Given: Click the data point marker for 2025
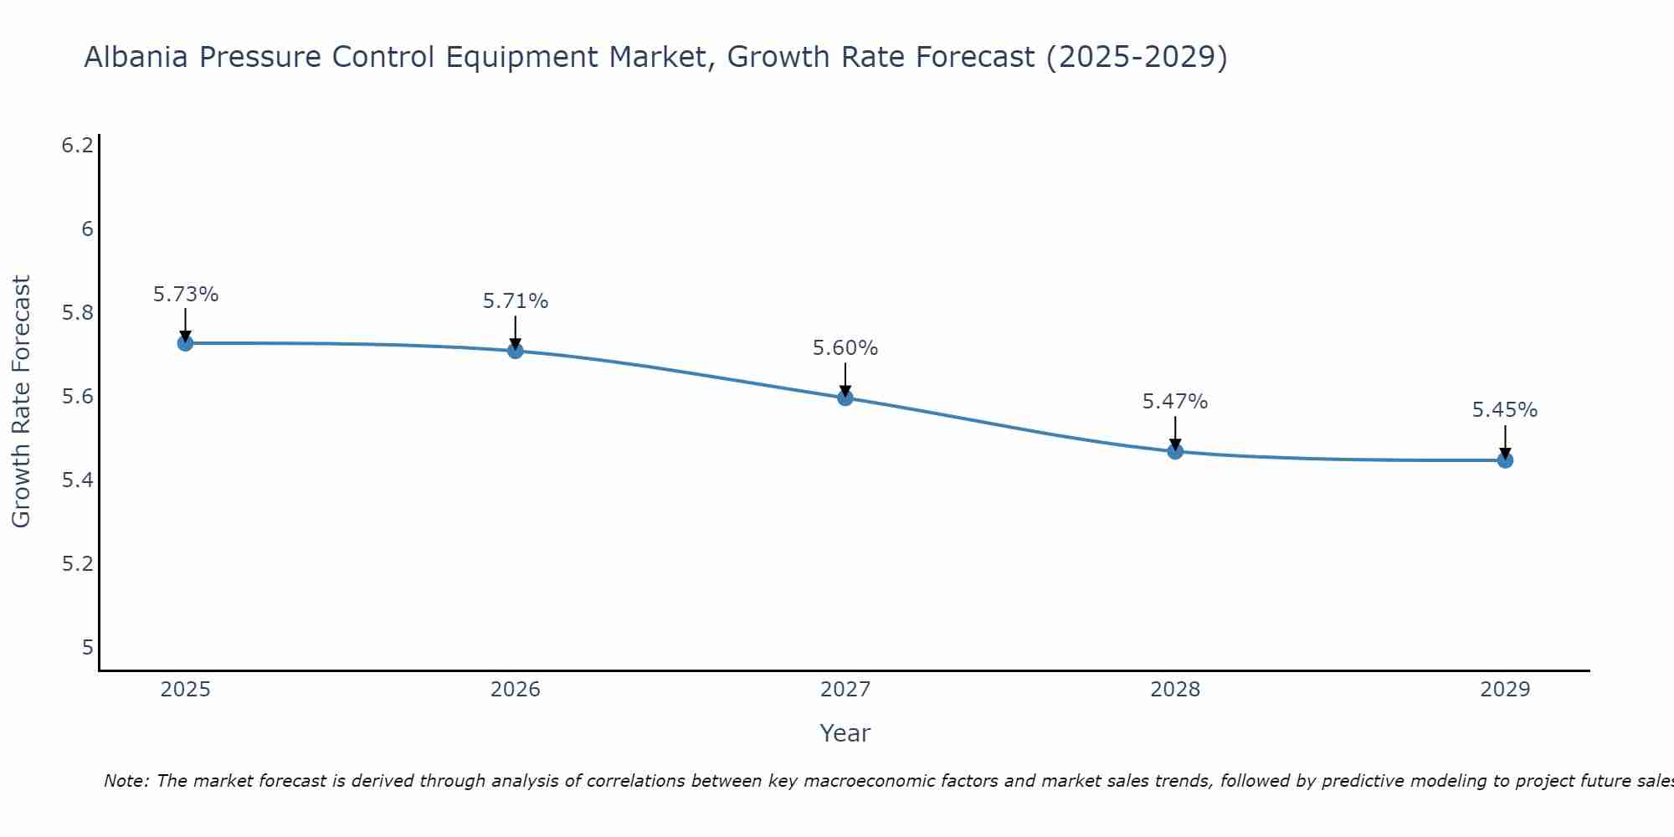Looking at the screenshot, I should pyautogui.click(x=185, y=343).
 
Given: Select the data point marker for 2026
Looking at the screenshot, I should pyautogui.click(x=516, y=351).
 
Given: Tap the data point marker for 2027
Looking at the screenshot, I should pyautogui.click(x=845, y=398).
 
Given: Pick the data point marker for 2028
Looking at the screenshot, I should pyautogui.click(x=1175, y=451).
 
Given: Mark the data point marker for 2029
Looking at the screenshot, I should pyautogui.click(x=1505, y=460).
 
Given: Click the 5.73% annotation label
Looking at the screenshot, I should pyautogui.click(x=185, y=295).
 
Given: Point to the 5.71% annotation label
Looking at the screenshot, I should pyautogui.click(x=516, y=301).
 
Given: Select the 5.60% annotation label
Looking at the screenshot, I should pyautogui.click(x=845, y=348).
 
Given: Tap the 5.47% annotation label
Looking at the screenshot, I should pyautogui.click(x=1175, y=402).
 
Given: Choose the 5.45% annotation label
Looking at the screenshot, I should pyautogui.click(x=1505, y=410).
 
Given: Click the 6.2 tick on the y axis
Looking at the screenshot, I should pyautogui.click(x=78, y=146).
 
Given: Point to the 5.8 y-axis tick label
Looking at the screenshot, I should pyautogui.click(x=78, y=313).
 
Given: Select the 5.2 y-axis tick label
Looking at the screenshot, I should pyautogui.click(x=78, y=563).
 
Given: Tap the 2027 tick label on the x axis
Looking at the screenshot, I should pyautogui.click(x=845, y=690).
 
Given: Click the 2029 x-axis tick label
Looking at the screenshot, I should pyautogui.click(x=1505, y=690).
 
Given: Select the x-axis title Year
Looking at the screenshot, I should pyautogui.click(x=845, y=733).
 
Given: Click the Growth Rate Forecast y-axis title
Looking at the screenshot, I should pyautogui.click(x=22, y=402).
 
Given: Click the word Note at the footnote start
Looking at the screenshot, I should pyautogui.click(x=126, y=781).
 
